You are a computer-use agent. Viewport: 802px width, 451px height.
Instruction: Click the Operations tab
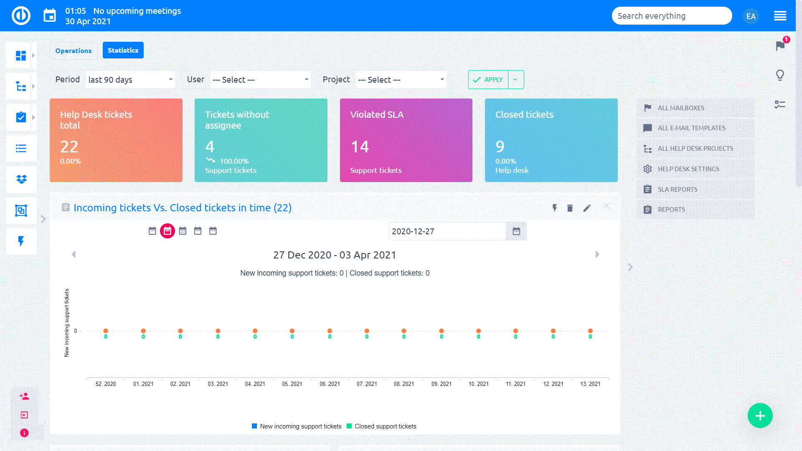(74, 51)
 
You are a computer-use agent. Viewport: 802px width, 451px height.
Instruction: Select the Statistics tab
(123, 50)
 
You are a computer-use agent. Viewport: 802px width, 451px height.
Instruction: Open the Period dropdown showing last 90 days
(130, 80)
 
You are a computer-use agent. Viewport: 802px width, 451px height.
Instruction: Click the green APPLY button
(488, 80)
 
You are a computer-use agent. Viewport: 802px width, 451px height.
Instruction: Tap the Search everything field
(671, 16)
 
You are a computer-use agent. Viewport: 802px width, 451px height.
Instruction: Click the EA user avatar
(751, 16)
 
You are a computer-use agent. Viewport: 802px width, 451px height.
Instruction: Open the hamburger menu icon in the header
(780, 16)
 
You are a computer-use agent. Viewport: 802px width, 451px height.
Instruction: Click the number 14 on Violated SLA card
(360, 147)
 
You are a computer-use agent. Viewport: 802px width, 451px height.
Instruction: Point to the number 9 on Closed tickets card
(500, 147)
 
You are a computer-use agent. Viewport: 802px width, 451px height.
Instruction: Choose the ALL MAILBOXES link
(681, 108)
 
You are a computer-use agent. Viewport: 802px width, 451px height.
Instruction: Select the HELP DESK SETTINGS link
(688, 169)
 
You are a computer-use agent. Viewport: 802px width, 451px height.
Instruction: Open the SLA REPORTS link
(678, 189)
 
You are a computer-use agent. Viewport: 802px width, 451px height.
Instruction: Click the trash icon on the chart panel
(570, 208)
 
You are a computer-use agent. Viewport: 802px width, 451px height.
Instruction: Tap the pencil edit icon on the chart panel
(587, 208)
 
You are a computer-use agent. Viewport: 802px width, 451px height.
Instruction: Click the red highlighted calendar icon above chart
(168, 231)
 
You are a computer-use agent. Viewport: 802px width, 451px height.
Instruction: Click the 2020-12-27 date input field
(447, 231)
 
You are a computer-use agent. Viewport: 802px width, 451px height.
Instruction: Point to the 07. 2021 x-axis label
(367, 384)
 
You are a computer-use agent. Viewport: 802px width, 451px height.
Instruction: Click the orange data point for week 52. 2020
(106, 331)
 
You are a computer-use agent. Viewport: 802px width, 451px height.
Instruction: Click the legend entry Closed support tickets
(385, 426)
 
